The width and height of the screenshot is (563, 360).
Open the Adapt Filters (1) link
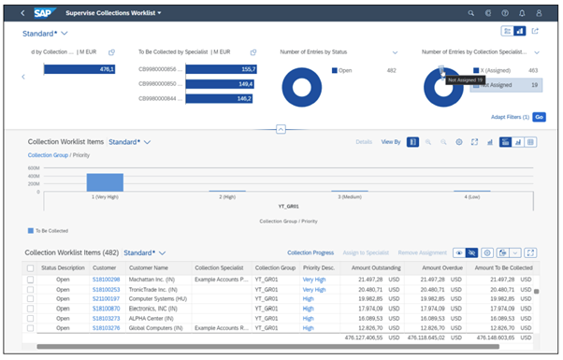(x=511, y=117)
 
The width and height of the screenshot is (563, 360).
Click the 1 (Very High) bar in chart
(x=106, y=182)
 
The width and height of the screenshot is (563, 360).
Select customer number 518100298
(x=106, y=280)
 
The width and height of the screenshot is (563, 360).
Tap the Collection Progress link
(x=310, y=252)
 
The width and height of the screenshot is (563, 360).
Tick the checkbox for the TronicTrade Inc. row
(x=31, y=290)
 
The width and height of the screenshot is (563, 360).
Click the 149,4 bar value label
(x=247, y=83)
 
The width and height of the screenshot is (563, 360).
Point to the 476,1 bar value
(x=107, y=68)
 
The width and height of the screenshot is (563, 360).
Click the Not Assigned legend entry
(x=496, y=84)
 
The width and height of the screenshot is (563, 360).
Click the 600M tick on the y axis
(x=35, y=167)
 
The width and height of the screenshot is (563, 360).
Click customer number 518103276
(x=106, y=328)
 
